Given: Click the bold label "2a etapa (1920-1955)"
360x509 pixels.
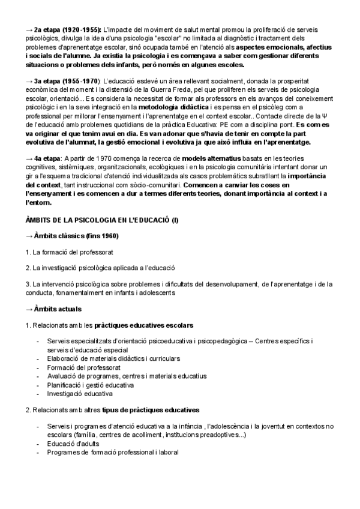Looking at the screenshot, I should pos(67,29).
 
